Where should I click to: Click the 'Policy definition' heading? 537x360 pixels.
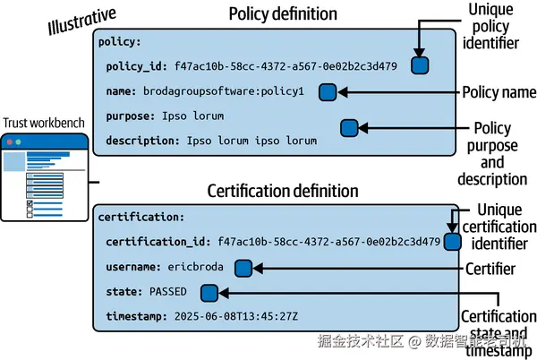tap(283, 14)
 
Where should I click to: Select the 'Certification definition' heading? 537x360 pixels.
tap(283, 191)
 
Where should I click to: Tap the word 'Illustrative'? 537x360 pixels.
tap(81, 21)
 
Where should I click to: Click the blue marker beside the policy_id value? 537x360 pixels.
tap(420, 65)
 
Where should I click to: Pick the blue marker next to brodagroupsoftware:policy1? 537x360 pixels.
tap(328, 92)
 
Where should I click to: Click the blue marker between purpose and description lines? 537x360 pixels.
tap(349, 128)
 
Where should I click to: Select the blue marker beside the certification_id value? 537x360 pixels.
tap(452, 242)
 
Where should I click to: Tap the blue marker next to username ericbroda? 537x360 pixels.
tap(243, 268)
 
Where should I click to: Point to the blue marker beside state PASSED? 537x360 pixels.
tap(209, 293)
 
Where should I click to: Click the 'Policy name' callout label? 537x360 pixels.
tap(499, 92)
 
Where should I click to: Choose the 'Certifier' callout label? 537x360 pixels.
tap(490, 269)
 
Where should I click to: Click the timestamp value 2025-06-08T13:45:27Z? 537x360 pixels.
tap(236, 316)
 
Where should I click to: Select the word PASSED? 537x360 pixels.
tap(168, 292)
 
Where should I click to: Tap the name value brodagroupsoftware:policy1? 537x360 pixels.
tap(224, 91)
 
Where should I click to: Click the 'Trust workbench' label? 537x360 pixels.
tap(44, 123)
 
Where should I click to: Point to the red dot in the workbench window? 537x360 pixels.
tap(10, 141)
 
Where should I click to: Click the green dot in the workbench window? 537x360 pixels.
tap(18, 141)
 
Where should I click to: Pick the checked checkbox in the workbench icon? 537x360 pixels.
tap(30, 203)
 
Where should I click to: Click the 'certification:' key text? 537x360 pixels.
tap(141, 218)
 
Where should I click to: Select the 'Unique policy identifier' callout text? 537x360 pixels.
tap(490, 26)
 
